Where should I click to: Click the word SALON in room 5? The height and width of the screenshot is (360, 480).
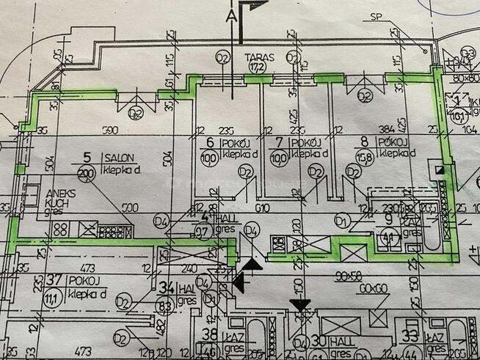tap(118, 157)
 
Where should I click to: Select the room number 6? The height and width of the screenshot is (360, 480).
tap(209, 142)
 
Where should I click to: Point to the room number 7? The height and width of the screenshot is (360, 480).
tap(278, 142)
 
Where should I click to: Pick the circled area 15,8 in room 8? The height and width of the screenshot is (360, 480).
tap(362, 157)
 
